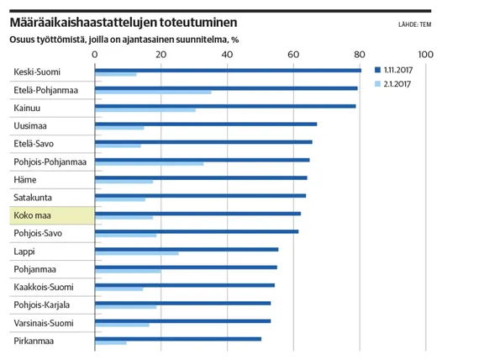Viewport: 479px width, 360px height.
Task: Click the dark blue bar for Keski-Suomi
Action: [x=228, y=71]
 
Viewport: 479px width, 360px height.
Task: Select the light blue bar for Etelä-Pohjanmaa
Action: [x=153, y=92]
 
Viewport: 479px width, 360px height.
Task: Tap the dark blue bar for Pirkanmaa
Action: [x=178, y=339]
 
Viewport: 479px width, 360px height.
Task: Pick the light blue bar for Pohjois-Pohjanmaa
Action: [x=149, y=164]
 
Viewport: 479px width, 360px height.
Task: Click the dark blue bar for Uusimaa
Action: [x=206, y=124]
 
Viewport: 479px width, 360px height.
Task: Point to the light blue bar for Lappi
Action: [x=137, y=253]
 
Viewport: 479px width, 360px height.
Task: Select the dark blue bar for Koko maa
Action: [x=198, y=214]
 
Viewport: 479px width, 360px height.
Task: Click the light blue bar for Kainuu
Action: [x=145, y=110]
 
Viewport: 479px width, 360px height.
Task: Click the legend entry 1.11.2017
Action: [x=393, y=70]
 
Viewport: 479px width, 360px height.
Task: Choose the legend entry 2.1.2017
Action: [x=392, y=84]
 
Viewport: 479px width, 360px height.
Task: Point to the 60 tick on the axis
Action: [x=293, y=55]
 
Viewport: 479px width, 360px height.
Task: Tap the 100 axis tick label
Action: [x=425, y=55]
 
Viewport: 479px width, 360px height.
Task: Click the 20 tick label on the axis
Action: [x=161, y=55]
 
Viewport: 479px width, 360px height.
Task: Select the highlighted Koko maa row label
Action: [x=32, y=215]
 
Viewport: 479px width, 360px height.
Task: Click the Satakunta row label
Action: [x=33, y=198]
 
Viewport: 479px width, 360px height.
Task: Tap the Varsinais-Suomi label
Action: [x=44, y=323]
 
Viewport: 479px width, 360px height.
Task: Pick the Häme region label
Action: [x=25, y=179]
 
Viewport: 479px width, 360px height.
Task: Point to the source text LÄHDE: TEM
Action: [x=414, y=24]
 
